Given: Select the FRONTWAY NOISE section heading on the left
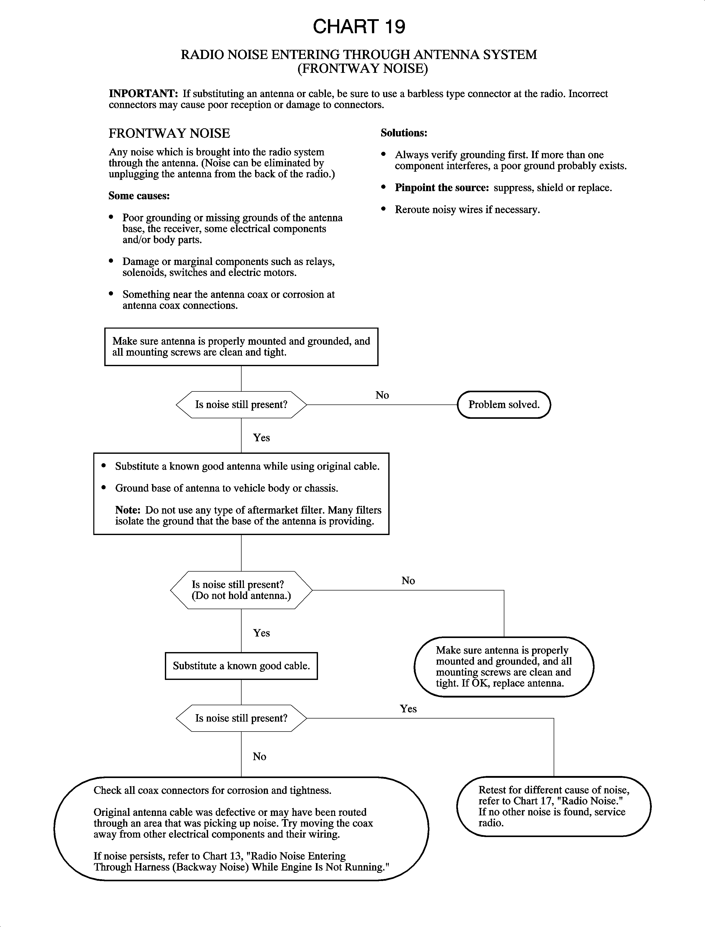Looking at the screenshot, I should [x=169, y=133].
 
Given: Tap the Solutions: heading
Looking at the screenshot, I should [x=404, y=133].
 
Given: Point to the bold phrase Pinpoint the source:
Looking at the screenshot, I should [x=441, y=188].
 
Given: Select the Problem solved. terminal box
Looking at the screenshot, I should [x=504, y=405].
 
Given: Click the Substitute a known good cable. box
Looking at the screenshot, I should [x=241, y=666].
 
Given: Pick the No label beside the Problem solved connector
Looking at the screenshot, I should [x=382, y=395].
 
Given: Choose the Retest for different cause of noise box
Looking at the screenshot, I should [x=553, y=806].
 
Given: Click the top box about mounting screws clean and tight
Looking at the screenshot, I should [x=241, y=346].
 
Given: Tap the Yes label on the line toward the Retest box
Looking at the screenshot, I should [x=408, y=709].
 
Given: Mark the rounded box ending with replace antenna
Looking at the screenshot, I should [x=504, y=667].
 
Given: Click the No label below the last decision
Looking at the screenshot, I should [x=259, y=756].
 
